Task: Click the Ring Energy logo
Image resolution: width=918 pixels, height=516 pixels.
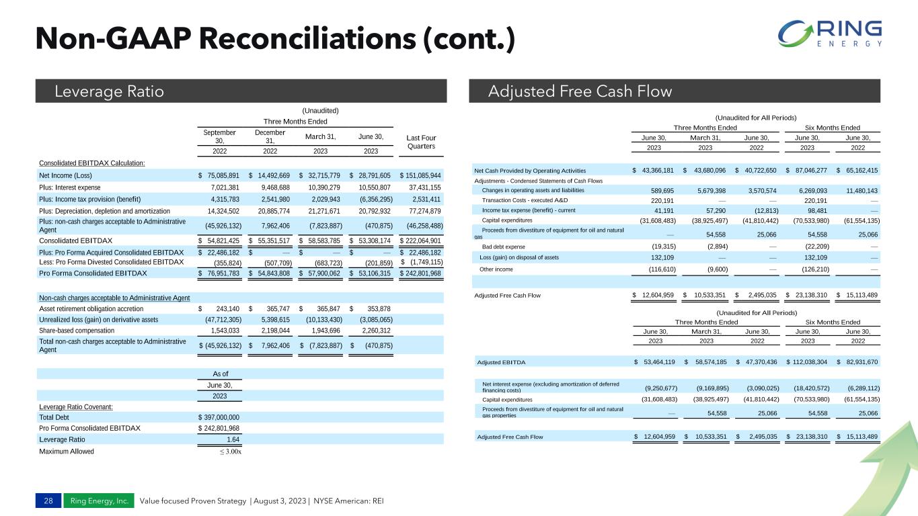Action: pyautogui.click(x=831, y=34)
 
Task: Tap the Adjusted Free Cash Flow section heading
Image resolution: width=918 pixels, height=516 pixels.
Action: pyautogui.click(x=580, y=91)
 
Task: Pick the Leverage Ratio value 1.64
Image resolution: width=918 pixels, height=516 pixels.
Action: pyautogui.click(x=232, y=439)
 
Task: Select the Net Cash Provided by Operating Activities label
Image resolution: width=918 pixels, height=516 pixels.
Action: pyautogui.click(x=530, y=171)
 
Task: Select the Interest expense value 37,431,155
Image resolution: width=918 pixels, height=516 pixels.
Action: pyautogui.click(x=420, y=187)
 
